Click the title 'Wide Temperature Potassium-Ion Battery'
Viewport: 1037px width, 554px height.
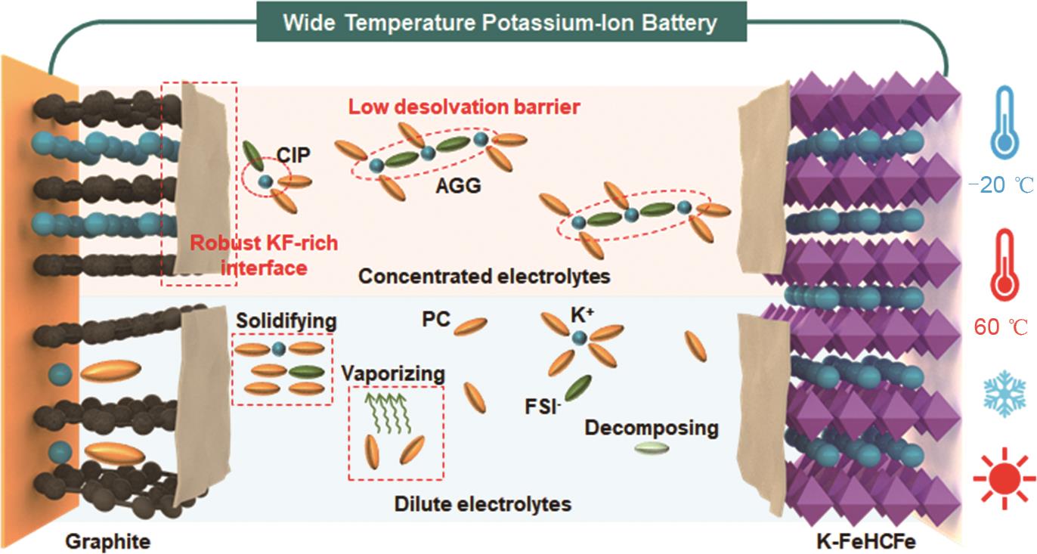(500, 22)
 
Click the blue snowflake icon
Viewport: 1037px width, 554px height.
(1003, 392)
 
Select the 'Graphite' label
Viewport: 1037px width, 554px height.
(107, 541)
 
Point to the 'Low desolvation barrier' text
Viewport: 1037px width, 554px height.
(464, 107)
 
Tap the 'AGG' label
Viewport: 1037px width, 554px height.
(460, 185)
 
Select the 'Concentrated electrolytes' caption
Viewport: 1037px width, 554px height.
(484, 277)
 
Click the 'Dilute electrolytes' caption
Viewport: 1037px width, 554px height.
(483, 503)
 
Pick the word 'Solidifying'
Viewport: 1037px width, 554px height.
(286, 321)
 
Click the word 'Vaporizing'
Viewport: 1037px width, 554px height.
(392, 373)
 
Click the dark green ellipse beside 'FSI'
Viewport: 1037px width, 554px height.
(578, 387)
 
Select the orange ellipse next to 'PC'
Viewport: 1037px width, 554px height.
(470, 325)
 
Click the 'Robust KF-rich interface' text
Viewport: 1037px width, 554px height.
(263, 255)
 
